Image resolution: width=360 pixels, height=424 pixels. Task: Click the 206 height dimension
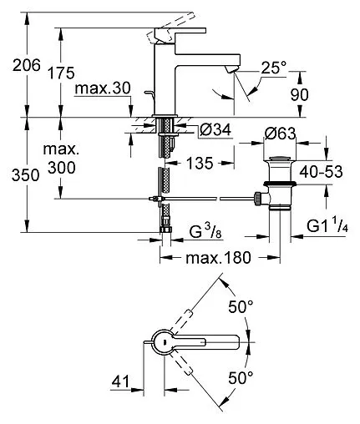pyautogui.click(x=27, y=66)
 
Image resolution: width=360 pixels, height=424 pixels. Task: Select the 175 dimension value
pyautogui.click(x=61, y=73)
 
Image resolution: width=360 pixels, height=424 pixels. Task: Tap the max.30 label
pyautogui.click(x=103, y=88)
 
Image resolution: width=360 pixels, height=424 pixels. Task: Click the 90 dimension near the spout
pyautogui.click(x=300, y=94)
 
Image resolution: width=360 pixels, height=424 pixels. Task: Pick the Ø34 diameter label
pyautogui.click(x=215, y=130)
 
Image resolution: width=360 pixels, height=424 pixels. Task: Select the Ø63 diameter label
pyautogui.click(x=280, y=134)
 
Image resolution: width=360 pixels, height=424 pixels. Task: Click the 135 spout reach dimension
pyautogui.click(x=200, y=163)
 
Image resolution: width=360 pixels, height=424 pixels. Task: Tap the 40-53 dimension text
pyautogui.click(x=321, y=172)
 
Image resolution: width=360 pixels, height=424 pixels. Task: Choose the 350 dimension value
pyautogui.click(x=26, y=175)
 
